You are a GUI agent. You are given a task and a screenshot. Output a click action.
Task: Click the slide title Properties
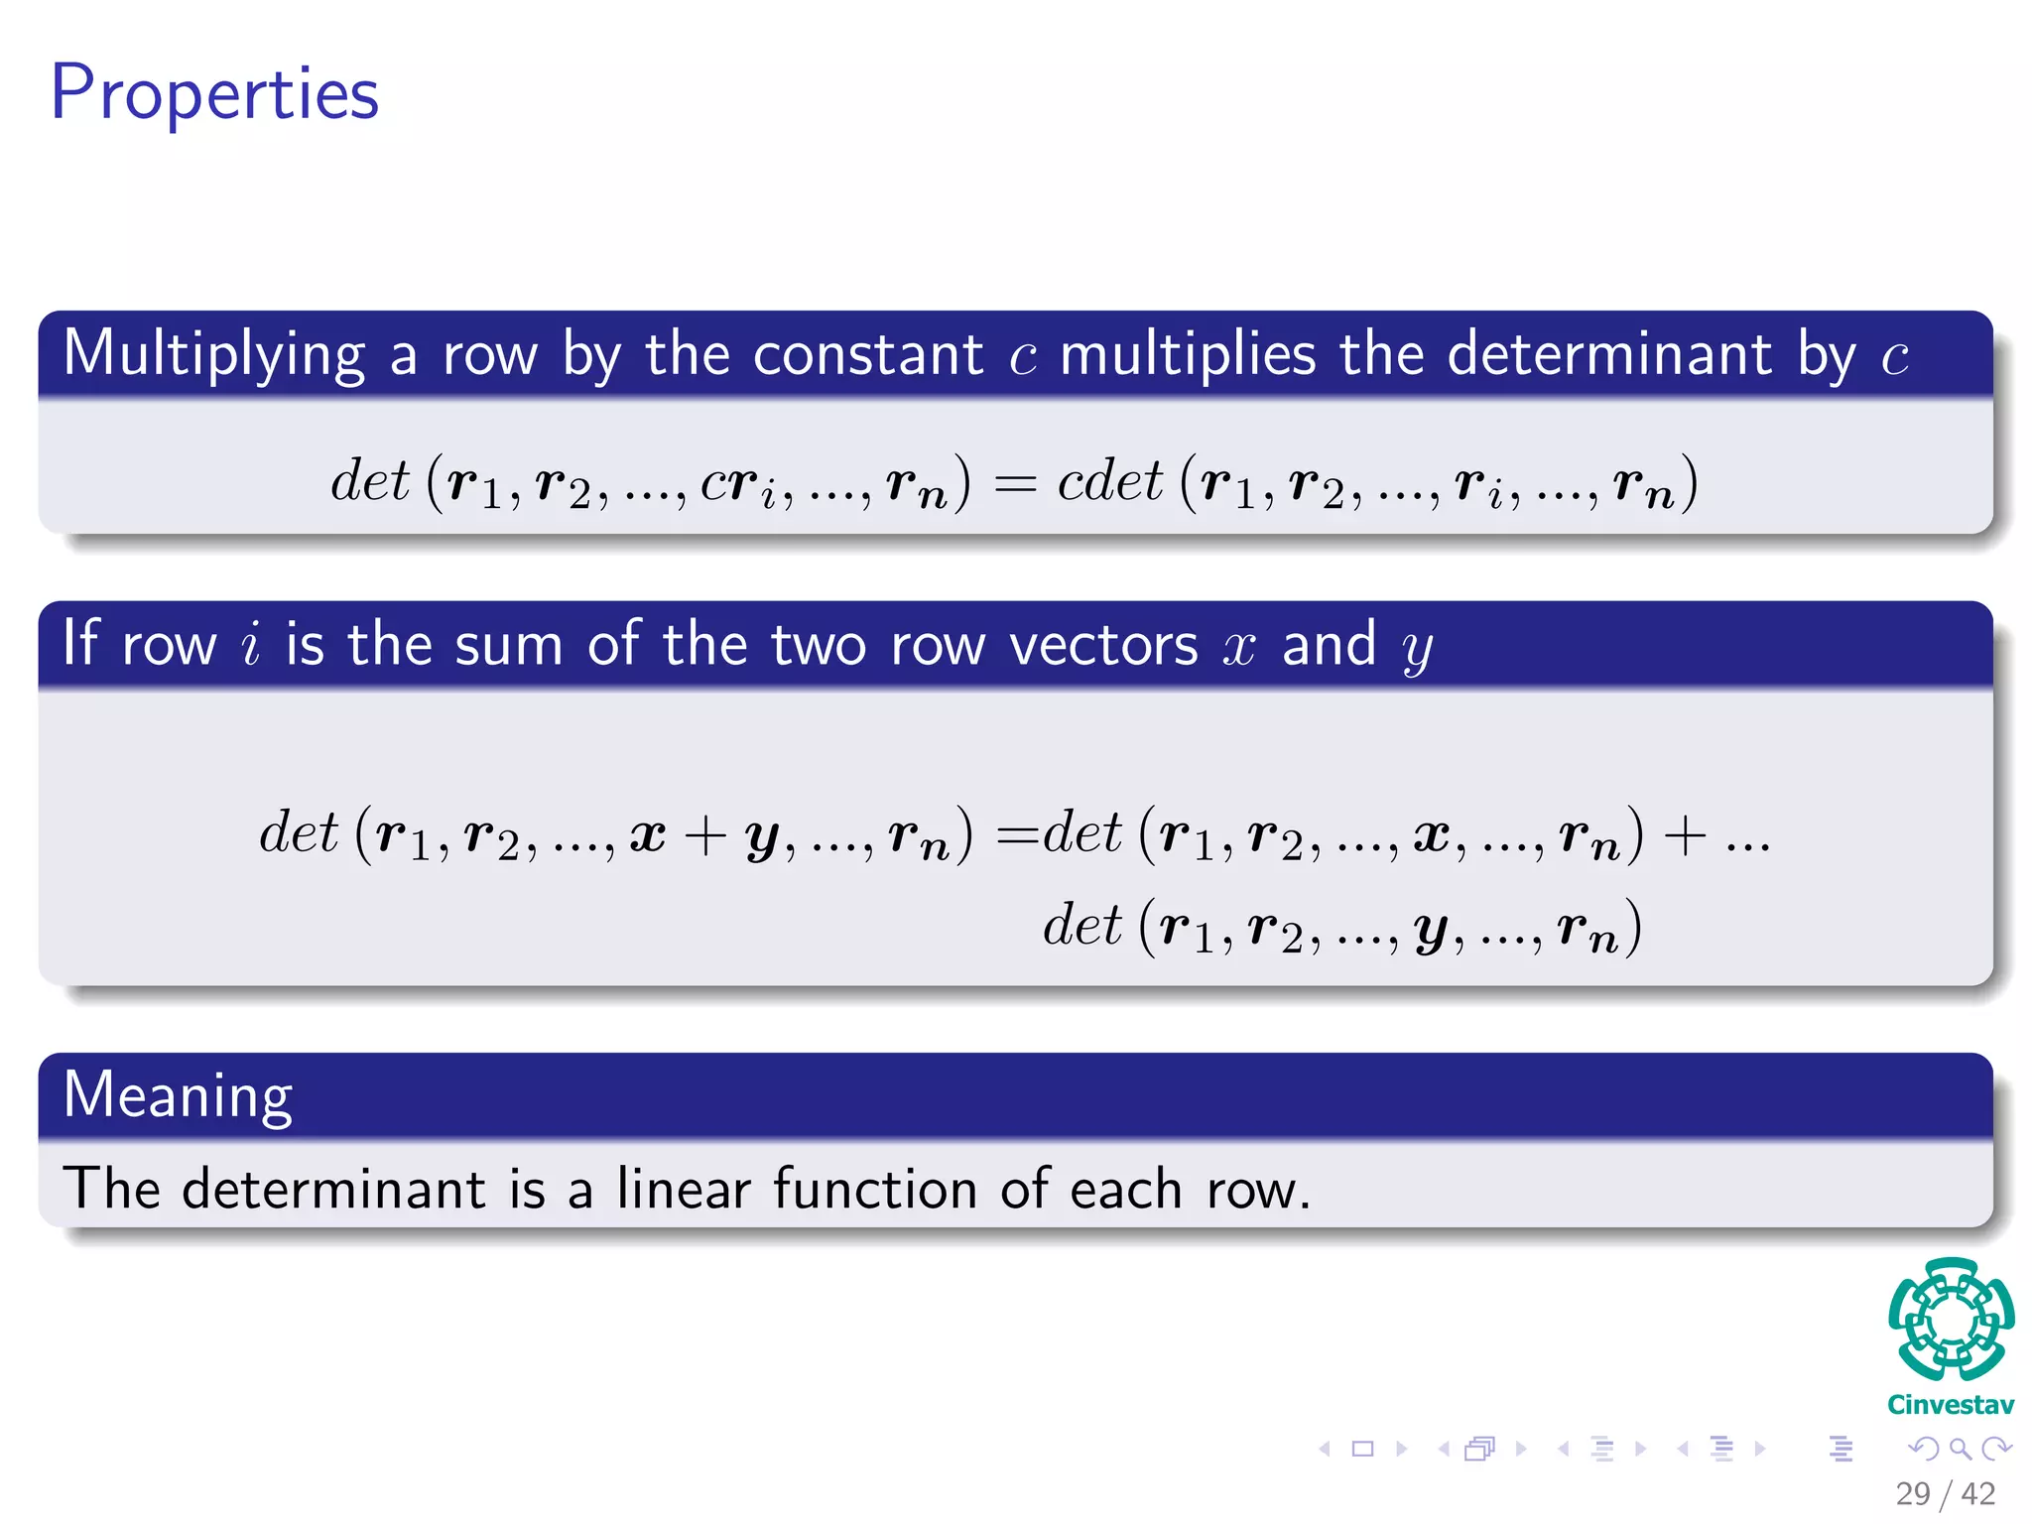click(x=214, y=93)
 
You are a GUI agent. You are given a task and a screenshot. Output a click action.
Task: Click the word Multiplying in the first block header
click(x=214, y=354)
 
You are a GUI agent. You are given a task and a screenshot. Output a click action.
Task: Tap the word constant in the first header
click(x=867, y=354)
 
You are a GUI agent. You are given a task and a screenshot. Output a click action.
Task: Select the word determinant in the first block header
click(x=1609, y=354)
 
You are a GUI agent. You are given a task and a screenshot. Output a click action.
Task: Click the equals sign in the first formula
click(x=1014, y=484)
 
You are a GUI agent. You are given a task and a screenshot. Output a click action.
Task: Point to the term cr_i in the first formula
click(x=738, y=484)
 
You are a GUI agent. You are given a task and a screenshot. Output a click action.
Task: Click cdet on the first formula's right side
click(x=1109, y=482)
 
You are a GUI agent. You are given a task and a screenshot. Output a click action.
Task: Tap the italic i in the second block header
click(x=251, y=644)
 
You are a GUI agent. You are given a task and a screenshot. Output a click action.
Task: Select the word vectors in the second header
click(x=1103, y=645)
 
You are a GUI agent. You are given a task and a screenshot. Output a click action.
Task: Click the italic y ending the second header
click(x=1417, y=649)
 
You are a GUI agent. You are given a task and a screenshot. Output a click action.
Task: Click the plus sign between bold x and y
click(x=704, y=834)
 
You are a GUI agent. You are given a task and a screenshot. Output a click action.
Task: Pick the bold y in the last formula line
click(x=1430, y=930)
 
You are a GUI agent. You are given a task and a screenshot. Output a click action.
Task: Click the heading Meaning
click(x=178, y=1095)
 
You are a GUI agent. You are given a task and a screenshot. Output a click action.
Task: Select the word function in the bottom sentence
click(x=875, y=1188)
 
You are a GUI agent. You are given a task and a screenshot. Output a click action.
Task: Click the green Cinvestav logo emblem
click(x=1951, y=1319)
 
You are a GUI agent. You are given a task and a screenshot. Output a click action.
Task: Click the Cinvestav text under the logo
click(x=1951, y=1405)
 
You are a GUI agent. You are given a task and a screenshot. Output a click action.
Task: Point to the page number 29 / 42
click(x=1945, y=1493)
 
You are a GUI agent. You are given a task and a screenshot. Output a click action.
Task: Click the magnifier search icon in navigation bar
click(x=1960, y=1449)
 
